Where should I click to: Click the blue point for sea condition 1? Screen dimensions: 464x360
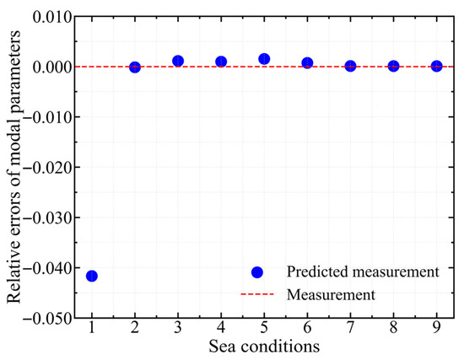[92, 277]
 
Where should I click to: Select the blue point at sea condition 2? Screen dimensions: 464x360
[135, 67]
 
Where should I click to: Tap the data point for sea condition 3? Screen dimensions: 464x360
[178, 62]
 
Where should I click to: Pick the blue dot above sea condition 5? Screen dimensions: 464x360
[264, 59]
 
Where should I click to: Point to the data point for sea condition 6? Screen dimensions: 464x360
[307, 62]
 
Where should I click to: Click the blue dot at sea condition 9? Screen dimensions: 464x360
[437, 67]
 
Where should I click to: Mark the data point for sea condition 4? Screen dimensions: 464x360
[221, 62]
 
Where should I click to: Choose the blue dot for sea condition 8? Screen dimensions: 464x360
[394, 67]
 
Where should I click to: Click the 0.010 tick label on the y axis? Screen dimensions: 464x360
[52, 17]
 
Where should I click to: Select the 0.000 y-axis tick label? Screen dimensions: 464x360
[52, 67]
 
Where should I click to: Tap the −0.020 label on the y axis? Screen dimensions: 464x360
[47, 168]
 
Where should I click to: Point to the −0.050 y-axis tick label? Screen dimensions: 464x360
[47, 319]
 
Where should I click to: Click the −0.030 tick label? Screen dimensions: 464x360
[47, 218]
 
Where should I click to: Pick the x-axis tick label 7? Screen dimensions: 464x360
[350, 327]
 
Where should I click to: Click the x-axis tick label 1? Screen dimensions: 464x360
[92, 327]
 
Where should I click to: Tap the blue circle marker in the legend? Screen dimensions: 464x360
[256, 272]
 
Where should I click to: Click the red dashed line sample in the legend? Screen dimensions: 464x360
[257, 294]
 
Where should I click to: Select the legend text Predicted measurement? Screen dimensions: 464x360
[363, 271]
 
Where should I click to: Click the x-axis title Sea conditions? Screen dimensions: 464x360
[264, 347]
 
